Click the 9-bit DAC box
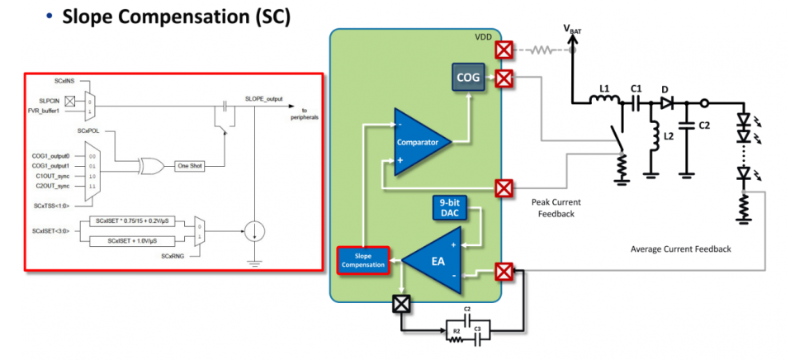pyautogui.click(x=451, y=207)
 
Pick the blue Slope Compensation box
pyautogui.click(x=365, y=260)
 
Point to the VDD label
pyautogui.click(x=484, y=38)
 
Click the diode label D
pyautogui.click(x=664, y=88)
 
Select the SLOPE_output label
pyautogui.click(x=264, y=99)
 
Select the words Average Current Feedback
pyautogui.click(x=680, y=249)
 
